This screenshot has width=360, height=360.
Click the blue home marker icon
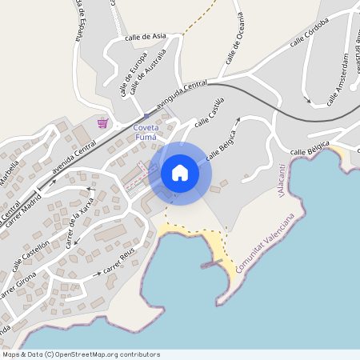pos(180,172)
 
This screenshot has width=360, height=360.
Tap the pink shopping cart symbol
pos(102,122)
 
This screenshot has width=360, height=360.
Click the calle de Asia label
pos(146,37)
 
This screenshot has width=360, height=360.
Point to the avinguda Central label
pos(182,94)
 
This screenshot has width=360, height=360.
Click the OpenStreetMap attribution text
pos(81,354)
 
